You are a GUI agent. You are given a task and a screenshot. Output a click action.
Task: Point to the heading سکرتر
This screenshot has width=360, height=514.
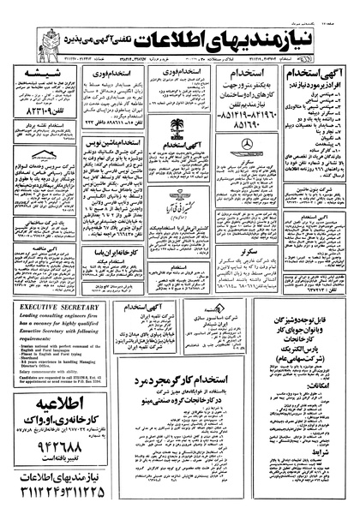point(230,254)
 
